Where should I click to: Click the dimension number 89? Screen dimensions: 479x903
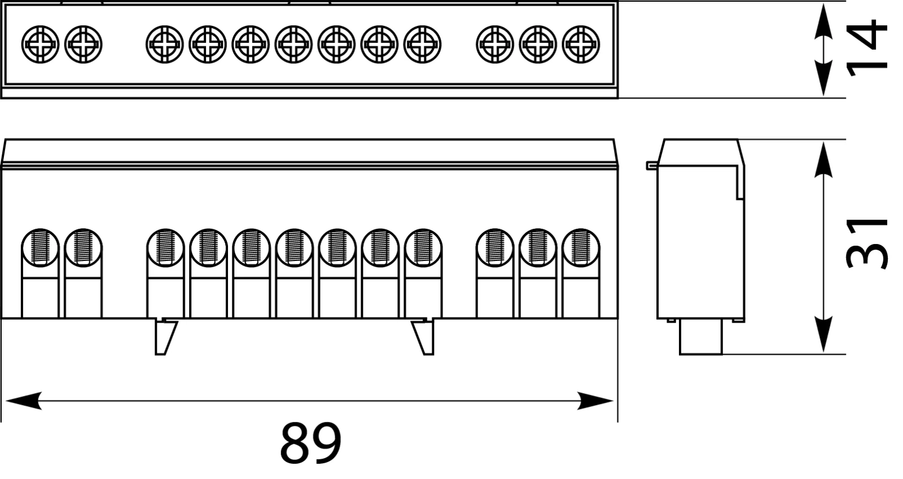pyautogui.click(x=310, y=442)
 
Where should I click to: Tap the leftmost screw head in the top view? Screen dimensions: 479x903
pyautogui.click(x=41, y=44)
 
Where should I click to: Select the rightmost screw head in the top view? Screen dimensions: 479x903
pyautogui.click(x=581, y=44)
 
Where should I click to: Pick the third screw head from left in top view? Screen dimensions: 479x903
pyautogui.click(x=165, y=44)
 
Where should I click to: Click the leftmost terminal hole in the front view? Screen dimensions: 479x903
pyautogui.click(x=40, y=247)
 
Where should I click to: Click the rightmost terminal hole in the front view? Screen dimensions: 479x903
pyautogui.click(x=581, y=247)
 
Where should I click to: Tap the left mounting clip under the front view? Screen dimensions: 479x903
pyautogui.click(x=164, y=337)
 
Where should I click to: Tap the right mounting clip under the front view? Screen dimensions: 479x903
pyautogui.click(x=424, y=337)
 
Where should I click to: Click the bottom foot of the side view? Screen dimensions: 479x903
pyautogui.click(x=700, y=338)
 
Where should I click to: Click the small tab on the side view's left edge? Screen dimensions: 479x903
pyautogui.click(x=652, y=166)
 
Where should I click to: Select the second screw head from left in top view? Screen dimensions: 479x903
pyautogui.click(x=84, y=44)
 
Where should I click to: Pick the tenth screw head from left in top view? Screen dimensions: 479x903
pyautogui.click(x=495, y=44)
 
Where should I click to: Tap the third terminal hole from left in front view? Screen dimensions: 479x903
pyautogui.click(x=165, y=247)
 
